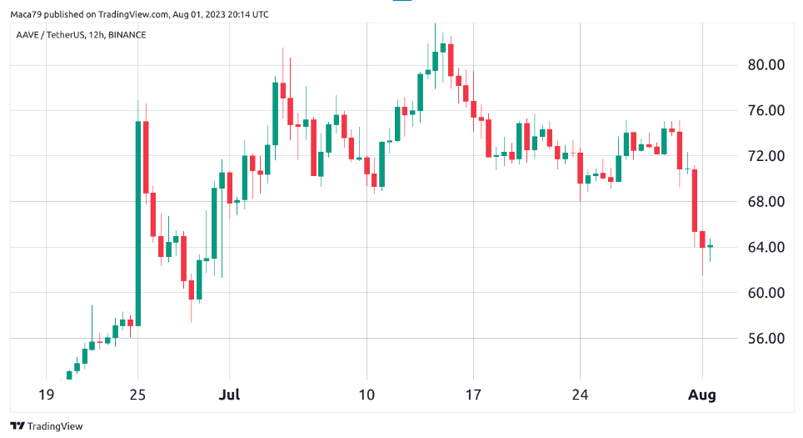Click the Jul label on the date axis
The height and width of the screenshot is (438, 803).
(231, 395)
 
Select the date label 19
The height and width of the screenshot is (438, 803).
(47, 395)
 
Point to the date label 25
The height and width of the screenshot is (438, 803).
(137, 395)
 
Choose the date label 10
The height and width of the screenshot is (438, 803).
(366, 395)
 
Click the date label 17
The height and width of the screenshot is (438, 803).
(473, 395)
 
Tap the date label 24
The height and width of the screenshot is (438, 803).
(581, 395)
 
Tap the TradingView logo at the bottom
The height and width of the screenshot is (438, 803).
(47, 425)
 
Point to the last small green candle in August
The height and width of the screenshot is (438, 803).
(711, 246)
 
